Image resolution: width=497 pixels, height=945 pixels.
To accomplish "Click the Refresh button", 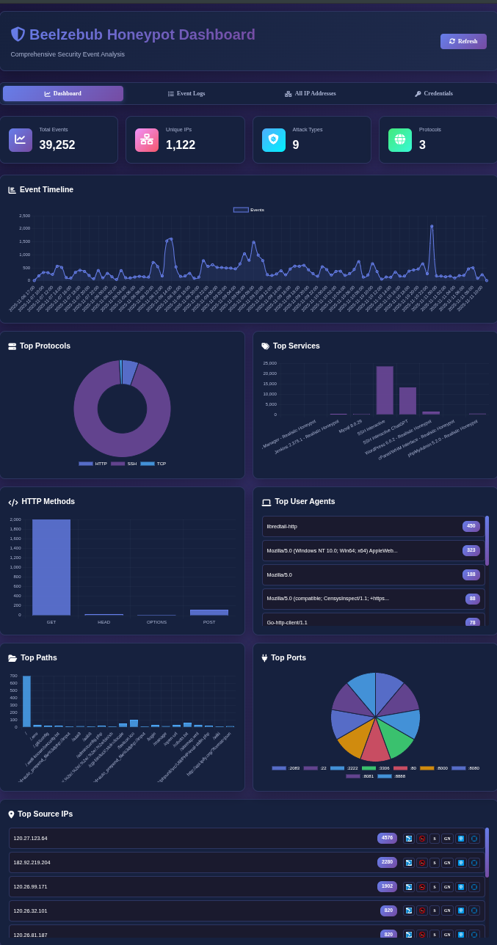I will click(463, 41).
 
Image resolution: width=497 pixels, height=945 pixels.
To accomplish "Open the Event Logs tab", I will click(186, 94).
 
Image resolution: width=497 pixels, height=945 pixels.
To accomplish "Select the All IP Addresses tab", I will click(311, 94).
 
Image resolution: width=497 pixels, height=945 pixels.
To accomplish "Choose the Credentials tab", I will click(434, 94).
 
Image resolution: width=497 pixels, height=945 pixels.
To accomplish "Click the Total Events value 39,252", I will click(57, 145).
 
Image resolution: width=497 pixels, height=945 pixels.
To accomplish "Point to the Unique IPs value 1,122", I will click(181, 145).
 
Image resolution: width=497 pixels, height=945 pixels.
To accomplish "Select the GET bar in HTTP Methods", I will click(51, 566).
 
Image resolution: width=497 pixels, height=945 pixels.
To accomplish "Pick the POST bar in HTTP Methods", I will click(209, 613).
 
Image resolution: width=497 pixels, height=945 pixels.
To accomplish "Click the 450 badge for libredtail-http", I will click(471, 526).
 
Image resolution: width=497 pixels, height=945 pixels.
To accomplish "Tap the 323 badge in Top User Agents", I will click(471, 550).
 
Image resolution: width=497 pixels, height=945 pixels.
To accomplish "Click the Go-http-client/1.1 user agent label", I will click(287, 622).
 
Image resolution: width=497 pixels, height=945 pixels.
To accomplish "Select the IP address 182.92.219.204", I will click(32, 862).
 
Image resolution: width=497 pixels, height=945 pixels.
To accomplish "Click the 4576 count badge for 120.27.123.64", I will click(387, 838).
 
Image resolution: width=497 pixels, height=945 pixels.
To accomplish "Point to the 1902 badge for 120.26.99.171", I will click(387, 886).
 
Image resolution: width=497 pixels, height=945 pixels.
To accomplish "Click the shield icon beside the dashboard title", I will click(18, 34).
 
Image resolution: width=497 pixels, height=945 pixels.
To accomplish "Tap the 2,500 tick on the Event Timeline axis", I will click(24, 216).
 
